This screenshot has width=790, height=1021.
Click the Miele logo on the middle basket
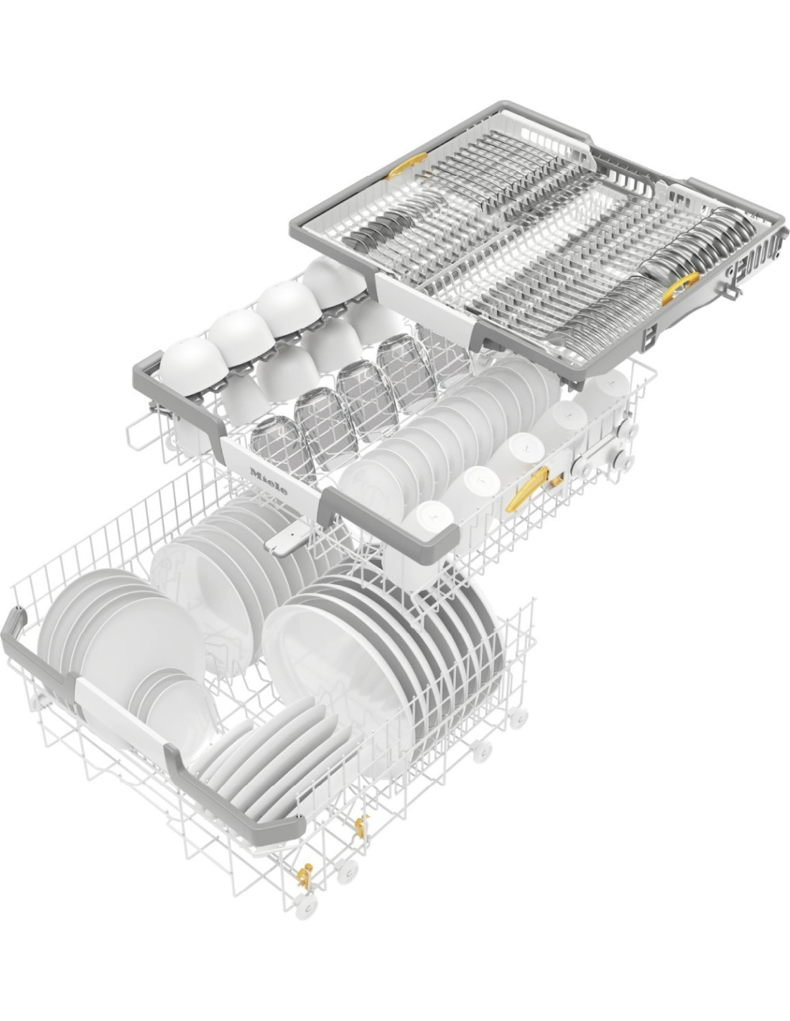coord(269,481)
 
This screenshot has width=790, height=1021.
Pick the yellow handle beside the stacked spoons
coord(679,288)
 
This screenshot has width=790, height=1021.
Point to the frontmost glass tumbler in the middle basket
coord(281,447)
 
